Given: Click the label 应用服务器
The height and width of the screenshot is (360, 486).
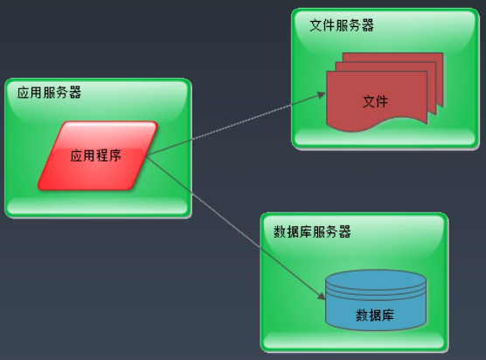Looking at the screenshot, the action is [49, 93].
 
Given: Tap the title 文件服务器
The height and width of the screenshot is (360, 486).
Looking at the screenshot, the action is [342, 25].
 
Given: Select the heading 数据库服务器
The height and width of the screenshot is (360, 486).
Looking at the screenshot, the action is [312, 232].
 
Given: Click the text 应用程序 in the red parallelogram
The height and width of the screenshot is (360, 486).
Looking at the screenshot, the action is [95, 156].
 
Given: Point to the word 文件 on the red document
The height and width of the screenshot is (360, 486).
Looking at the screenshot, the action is [375, 101].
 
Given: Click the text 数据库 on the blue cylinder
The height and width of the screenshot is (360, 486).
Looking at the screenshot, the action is [375, 315].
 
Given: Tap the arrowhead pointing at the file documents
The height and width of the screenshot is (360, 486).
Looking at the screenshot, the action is [321, 94].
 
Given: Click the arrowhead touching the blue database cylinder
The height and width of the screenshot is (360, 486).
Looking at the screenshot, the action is [321, 295].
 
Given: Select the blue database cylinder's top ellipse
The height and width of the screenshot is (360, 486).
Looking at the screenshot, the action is [376, 279].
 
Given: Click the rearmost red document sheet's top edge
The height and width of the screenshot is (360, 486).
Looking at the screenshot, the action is [392, 53].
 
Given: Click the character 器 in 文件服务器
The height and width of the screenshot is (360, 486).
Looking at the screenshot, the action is [368, 25].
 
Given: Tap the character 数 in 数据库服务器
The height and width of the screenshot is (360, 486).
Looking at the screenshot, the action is [280, 232].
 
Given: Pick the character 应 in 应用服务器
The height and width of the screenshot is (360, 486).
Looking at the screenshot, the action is [24, 93].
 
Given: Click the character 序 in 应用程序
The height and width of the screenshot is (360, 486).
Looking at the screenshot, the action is [115, 156].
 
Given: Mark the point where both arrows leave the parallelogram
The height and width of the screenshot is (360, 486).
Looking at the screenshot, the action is [146, 156].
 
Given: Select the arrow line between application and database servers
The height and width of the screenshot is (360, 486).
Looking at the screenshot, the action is [235, 227].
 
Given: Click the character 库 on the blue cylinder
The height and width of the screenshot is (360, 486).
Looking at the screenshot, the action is [388, 315].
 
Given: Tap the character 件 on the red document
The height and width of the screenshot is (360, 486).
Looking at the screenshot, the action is [382, 101].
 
